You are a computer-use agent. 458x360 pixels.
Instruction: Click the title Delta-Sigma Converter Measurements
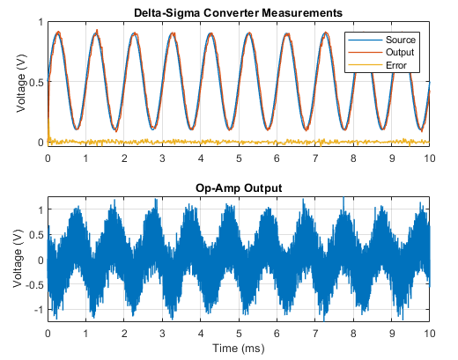point(238,13)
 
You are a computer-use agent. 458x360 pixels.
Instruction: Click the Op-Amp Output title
point(239,187)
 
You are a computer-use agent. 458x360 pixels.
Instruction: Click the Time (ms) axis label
point(239,349)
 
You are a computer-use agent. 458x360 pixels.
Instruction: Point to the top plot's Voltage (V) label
point(21,83)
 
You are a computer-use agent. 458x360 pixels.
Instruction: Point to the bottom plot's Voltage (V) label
point(18,258)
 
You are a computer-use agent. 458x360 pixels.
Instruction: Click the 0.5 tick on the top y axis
point(36,82)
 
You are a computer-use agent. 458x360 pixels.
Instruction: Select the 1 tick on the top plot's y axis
point(41,22)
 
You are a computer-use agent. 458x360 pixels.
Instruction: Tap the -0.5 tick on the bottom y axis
point(34,285)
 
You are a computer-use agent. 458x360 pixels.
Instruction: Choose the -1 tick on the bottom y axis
point(38,310)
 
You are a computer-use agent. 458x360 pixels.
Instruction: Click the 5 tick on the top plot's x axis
point(239,158)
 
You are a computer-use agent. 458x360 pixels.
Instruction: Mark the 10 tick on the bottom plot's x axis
point(430,334)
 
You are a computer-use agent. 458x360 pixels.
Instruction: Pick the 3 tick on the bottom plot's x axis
point(162,334)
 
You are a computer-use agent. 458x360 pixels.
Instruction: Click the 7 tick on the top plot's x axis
point(315,158)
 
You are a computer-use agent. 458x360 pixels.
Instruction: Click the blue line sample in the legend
point(366,40)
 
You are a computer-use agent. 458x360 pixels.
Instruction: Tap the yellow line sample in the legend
point(366,65)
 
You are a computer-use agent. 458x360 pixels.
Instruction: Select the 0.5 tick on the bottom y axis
point(36,235)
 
